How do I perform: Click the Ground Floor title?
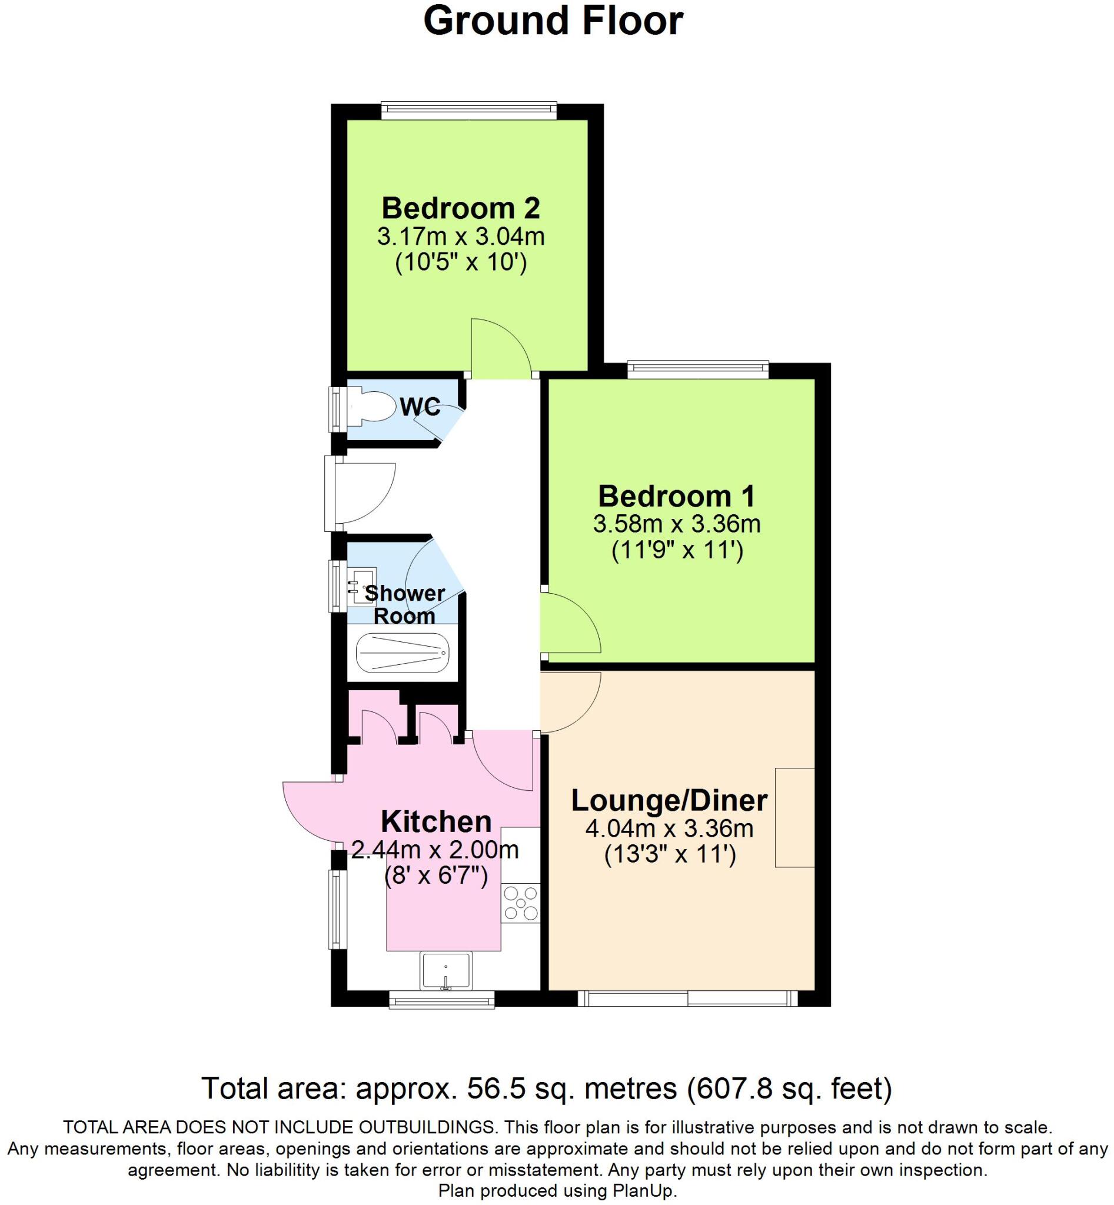tap(553, 22)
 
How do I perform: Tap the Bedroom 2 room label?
tap(461, 208)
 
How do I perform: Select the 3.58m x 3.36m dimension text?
tap(676, 524)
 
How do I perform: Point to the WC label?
tap(420, 408)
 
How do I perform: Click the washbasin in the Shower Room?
tap(363, 585)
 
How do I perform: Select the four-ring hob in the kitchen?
tap(521, 903)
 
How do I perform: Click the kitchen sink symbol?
tap(446, 971)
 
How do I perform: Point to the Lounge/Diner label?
tap(669, 801)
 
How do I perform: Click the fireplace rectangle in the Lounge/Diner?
tap(794, 817)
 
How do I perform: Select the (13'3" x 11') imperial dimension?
tap(670, 855)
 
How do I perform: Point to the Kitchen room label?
tap(436, 821)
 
